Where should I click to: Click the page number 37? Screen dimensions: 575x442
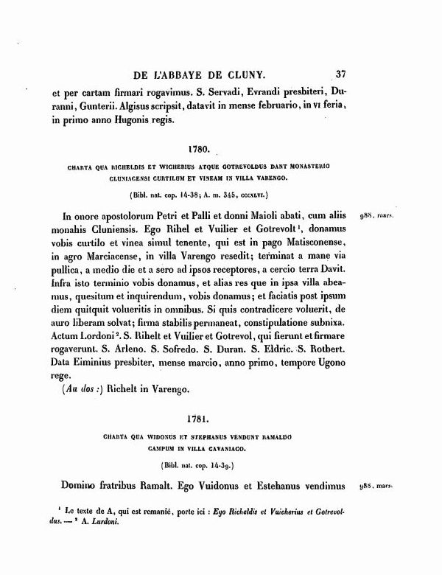click(340, 74)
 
